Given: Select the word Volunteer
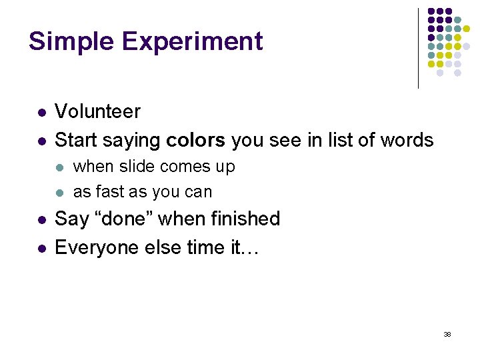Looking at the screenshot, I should pos(97,111).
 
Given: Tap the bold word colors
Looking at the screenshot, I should pos(196,140).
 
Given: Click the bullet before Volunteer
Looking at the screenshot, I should pos(41,113).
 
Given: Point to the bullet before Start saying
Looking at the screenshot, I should pos(41,141).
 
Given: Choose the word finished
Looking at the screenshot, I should pos(247,219).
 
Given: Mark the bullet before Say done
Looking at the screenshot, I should pos(41,220).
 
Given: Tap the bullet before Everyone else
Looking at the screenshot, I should pos(41,249).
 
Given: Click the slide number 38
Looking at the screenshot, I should pos(447,334).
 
